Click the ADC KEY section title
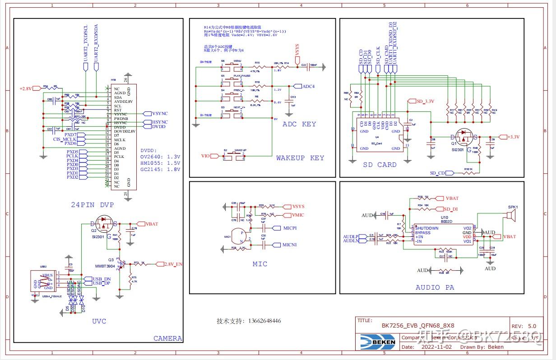coord(299,124)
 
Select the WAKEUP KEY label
coord(300,158)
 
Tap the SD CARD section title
coord(380,165)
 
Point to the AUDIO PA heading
coord(435,287)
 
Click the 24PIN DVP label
coord(92,205)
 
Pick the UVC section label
coord(99,321)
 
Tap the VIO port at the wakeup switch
coord(206,156)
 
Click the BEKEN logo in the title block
coord(377,342)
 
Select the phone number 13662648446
coord(249,321)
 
